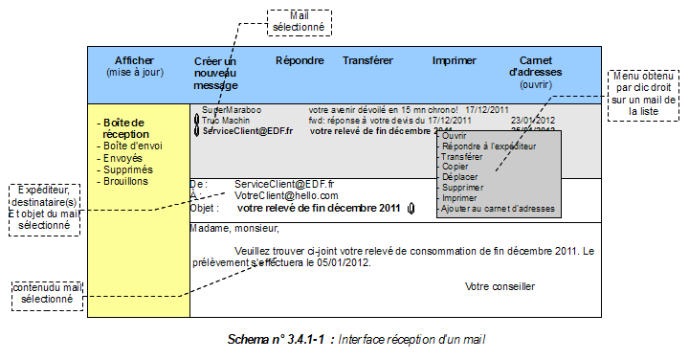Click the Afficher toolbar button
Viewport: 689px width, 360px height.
coord(133,66)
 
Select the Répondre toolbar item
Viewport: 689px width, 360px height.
coord(300,60)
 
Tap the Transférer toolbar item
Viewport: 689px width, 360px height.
coord(367,60)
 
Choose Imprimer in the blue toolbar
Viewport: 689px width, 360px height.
coord(454,60)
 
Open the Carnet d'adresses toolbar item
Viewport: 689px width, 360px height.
coord(535,66)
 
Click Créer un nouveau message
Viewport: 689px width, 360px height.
coord(214,73)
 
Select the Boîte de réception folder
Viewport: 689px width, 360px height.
coord(123,128)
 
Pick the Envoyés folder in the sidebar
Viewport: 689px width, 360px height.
coord(122,158)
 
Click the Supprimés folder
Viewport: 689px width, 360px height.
coord(126,169)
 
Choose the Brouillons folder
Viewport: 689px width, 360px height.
coord(125,181)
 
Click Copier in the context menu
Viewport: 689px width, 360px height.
coord(456,167)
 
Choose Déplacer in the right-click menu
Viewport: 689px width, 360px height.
coord(459,177)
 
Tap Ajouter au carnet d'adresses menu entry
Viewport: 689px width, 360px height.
coord(499,209)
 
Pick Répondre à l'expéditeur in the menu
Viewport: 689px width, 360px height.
coord(489,146)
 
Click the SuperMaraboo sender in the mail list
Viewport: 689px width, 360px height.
coord(231,110)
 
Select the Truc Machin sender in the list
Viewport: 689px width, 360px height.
coord(228,121)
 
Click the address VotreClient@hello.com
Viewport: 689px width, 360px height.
coord(286,195)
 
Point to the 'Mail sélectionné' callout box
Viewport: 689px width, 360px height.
coord(299,21)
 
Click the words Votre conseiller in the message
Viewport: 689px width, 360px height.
coord(500,286)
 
